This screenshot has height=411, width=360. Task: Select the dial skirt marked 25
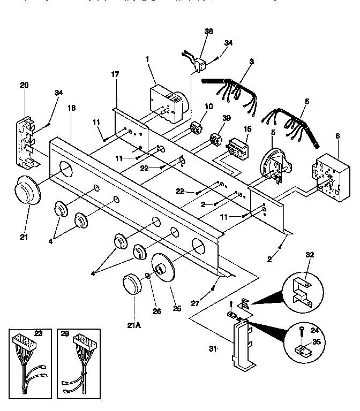tap(163, 267)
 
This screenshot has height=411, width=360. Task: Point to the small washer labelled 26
tap(148, 277)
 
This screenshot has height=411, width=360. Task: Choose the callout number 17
tap(115, 74)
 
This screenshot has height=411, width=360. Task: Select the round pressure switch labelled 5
tap(274, 161)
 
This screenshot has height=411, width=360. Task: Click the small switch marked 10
tap(198, 128)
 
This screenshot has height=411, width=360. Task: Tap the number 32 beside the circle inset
tap(310, 254)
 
